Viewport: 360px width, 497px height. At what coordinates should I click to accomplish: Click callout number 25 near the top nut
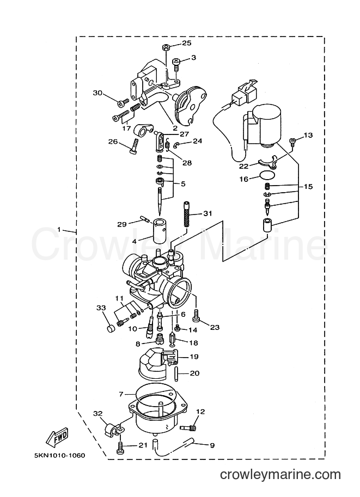click(x=187, y=43)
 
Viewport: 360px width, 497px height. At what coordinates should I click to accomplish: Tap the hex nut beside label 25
click(x=166, y=47)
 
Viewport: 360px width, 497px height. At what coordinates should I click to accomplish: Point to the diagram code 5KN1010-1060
click(x=59, y=456)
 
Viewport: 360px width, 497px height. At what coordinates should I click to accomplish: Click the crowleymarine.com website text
click(x=280, y=475)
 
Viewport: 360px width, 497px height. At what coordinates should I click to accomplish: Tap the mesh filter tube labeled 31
click(x=187, y=214)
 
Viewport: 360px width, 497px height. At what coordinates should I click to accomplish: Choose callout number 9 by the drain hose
click(x=212, y=445)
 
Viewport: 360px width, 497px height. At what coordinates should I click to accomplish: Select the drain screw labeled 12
click(x=188, y=427)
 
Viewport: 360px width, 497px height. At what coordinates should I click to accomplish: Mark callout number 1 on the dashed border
click(x=59, y=229)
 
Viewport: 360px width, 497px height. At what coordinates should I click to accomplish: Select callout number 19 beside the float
click(x=194, y=357)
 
